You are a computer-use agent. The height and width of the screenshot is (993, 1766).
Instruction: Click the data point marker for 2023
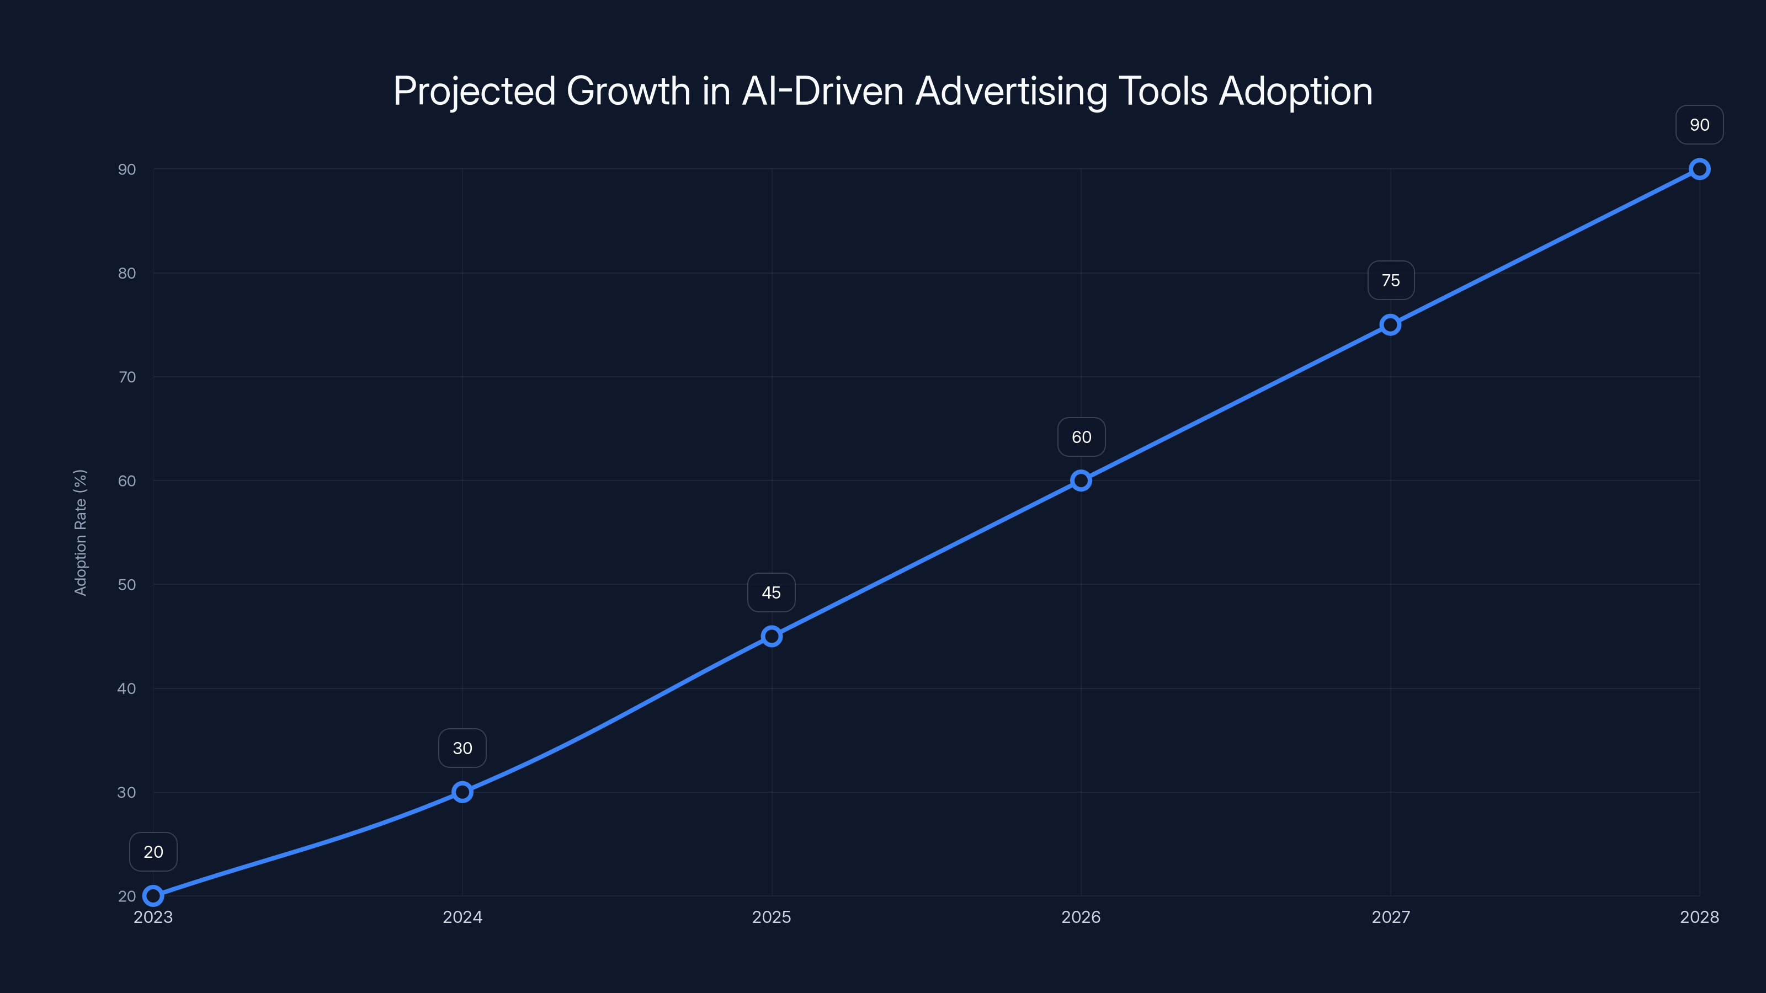153,896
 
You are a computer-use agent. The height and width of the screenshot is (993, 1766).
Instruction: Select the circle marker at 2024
462,792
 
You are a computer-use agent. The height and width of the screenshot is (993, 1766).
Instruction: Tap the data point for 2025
772,637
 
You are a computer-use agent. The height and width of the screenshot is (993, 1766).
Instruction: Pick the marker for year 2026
1081,481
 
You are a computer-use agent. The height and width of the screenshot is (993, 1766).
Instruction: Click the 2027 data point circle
1390,325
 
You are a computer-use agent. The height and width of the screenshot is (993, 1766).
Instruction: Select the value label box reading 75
1390,280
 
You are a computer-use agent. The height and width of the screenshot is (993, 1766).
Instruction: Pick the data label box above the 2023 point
153,852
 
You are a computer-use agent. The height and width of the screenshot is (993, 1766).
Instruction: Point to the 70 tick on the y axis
127,377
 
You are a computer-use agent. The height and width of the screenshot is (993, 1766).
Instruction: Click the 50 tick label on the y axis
127,585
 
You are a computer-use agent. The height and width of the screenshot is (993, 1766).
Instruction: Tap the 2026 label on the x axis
1081,917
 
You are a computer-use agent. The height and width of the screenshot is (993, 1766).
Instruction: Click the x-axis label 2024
462,917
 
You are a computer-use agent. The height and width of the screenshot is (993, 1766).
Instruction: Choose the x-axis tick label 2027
1390,917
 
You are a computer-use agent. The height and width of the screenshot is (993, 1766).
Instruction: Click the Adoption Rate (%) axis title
80,532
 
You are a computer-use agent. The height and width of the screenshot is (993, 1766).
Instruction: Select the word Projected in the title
474,91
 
